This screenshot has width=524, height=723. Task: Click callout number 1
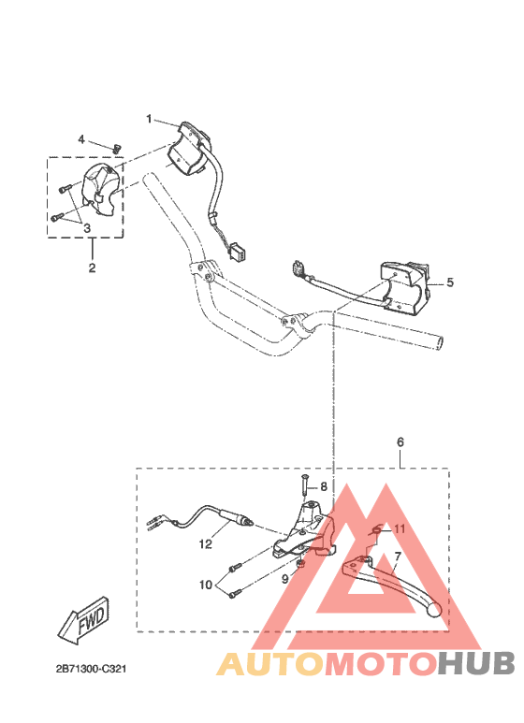click(149, 119)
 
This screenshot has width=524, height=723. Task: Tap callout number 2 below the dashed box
click(92, 268)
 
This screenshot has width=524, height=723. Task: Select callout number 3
click(86, 227)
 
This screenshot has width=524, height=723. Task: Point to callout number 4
click(82, 139)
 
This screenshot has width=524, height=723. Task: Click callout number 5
click(449, 281)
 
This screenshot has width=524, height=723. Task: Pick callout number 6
click(400, 441)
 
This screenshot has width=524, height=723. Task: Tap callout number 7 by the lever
click(397, 556)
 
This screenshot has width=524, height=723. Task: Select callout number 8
click(324, 486)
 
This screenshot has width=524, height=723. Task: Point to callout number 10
click(206, 586)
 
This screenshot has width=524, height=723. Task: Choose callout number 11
click(400, 529)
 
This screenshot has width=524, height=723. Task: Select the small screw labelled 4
click(117, 146)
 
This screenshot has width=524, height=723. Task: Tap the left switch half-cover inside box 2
click(102, 186)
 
